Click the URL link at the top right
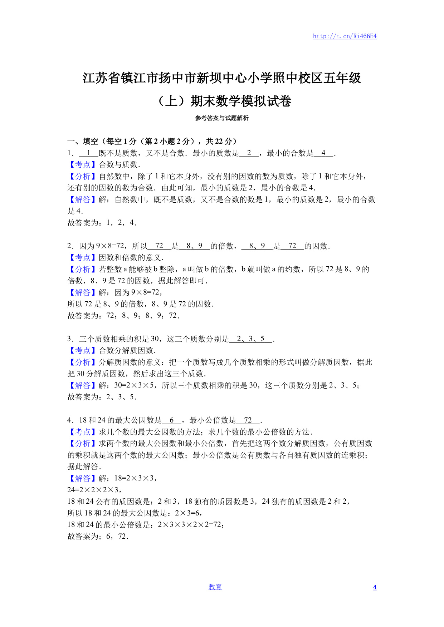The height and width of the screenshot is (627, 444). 345,36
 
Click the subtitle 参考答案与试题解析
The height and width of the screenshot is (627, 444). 222,118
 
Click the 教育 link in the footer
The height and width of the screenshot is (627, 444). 215,587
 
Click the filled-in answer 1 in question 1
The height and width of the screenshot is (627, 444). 88,153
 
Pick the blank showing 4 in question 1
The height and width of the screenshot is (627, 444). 323,153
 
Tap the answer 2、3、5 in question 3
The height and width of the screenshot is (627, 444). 250,339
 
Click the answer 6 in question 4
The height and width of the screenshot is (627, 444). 172,420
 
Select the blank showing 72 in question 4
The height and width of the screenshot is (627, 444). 248,420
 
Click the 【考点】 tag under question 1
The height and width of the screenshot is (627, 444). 83,165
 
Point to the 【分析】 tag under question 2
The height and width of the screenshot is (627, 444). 83,269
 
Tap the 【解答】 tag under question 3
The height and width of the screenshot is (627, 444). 83,385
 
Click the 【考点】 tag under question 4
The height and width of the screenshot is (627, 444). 83,432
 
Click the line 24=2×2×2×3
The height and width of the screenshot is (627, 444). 94,490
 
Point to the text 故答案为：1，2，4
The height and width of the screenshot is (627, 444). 102,223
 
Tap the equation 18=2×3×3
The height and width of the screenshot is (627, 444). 135,478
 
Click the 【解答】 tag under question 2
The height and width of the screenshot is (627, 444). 83,292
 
